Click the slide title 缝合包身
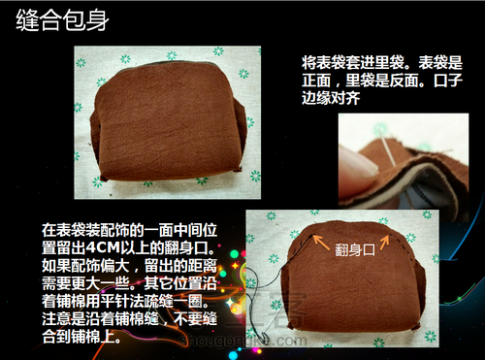[62, 20]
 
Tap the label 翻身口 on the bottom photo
[355, 249]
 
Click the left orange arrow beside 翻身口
[321, 243]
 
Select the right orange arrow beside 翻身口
[385, 243]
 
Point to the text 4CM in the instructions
[104, 248]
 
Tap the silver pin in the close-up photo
[386, 146]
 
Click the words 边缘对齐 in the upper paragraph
[331, 97]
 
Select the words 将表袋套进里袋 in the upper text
[353, 62]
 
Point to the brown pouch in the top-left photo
[168, 121]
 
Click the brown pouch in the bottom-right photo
[352, 279]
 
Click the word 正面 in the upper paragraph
[316, 80]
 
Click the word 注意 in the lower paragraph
[56, 318]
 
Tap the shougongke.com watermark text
[242, 341]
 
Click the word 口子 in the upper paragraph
[448, 80]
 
